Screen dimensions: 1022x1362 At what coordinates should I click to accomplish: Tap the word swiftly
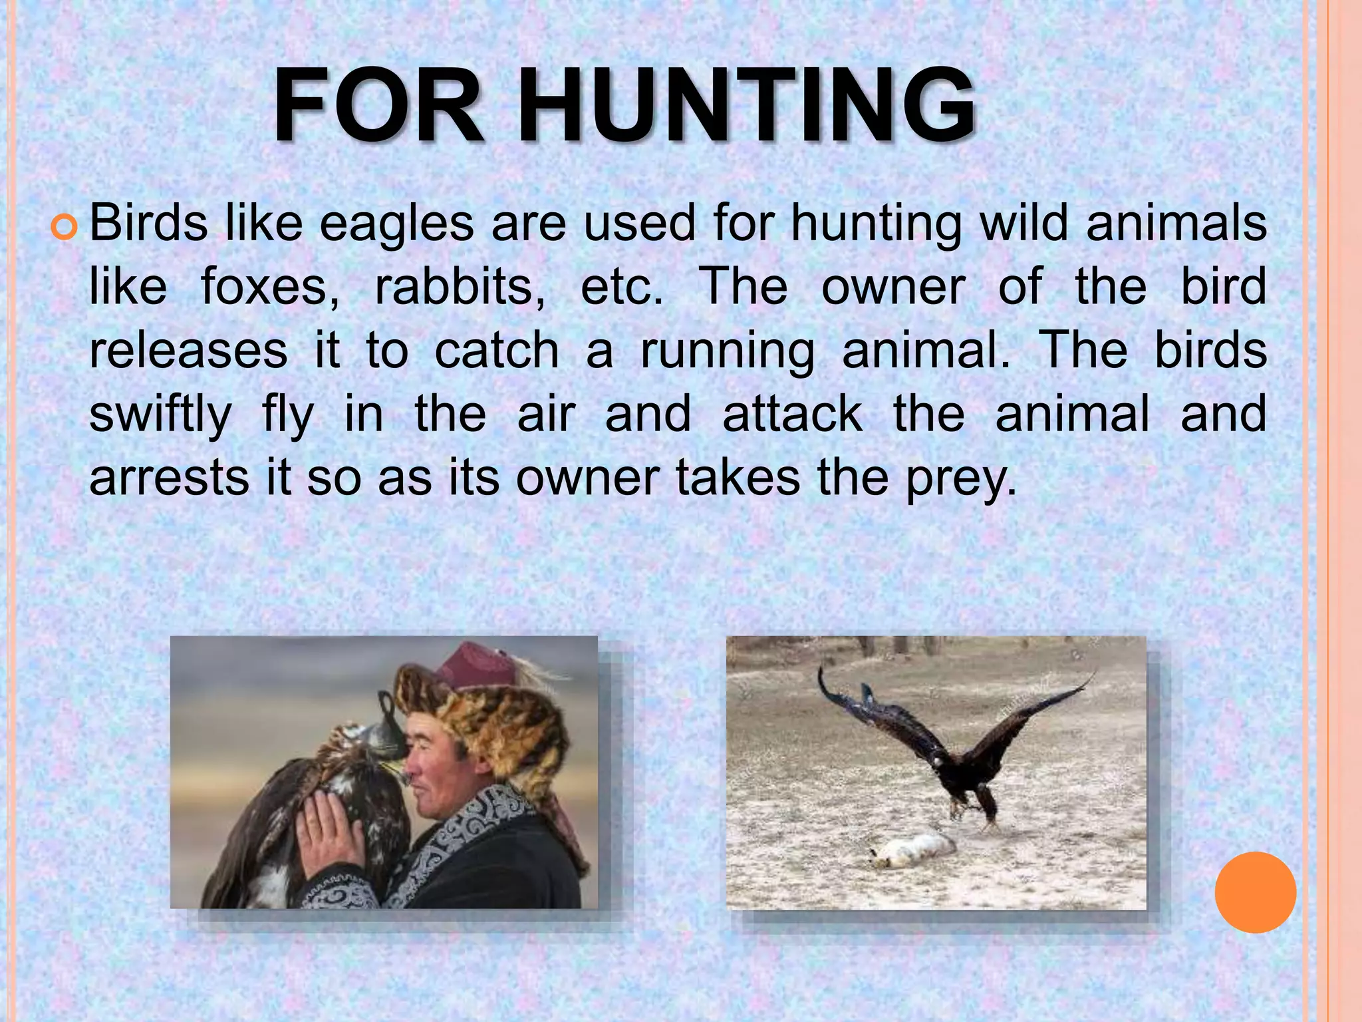(x=160, y=414)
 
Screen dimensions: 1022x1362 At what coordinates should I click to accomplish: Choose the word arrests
(x=169, y=478)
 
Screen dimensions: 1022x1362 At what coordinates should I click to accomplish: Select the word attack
(x=792, y=414)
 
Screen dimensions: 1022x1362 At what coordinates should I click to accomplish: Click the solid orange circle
(x=1255, y=892)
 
